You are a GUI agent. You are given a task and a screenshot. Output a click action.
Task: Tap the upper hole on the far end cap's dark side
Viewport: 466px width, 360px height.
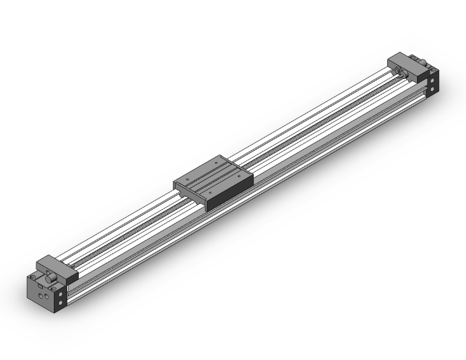[x=433, y=79]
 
